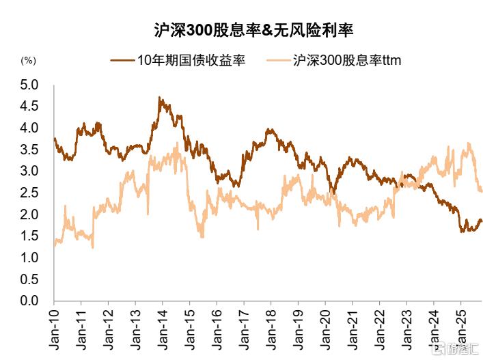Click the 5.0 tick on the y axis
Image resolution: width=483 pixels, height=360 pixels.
(x=30, y=85)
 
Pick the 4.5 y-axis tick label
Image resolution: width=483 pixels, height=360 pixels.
(x=30, y=107)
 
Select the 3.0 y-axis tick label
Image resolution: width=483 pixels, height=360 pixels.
(x=30, y=171)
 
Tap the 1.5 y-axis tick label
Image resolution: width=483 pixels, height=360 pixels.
(x=30, y=236)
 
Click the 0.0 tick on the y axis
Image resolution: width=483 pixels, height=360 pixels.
(x=30, y=301)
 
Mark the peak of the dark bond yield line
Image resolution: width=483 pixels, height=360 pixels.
(x=159, y=98)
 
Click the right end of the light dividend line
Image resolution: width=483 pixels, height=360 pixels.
(x=482, y=192)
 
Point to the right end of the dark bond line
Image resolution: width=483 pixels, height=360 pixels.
(x=482, y=221)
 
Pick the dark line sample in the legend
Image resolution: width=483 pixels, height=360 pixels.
(x=122, y=60)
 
